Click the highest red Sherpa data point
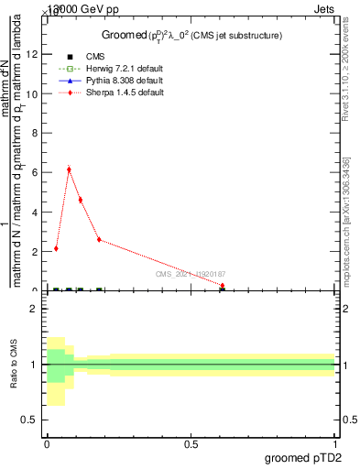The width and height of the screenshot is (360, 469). point(69,169)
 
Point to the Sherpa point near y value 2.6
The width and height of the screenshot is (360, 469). point(99,239)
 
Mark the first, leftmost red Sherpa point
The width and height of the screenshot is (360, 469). point(56,248)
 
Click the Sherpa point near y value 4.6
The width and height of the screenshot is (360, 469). point(81,200)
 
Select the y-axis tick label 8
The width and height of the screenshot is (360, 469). point(35,132)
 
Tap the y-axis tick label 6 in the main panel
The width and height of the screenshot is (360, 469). point(35,171)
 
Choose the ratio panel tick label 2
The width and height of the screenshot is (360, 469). point(35,309)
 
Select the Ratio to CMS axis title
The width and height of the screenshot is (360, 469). point(14,365)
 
